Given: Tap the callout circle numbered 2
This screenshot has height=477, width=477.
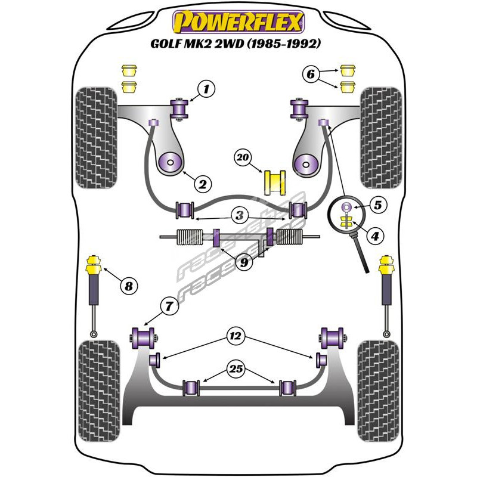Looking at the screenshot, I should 203,184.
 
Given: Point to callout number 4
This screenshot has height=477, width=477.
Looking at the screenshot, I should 374,237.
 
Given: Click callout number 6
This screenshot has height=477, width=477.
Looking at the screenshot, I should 309,75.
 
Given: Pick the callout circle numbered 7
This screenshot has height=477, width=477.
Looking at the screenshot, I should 169,307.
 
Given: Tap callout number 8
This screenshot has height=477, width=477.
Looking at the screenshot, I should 128,286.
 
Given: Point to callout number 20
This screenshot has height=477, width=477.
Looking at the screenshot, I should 242,157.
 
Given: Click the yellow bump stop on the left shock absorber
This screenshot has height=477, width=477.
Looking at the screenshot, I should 94,263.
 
